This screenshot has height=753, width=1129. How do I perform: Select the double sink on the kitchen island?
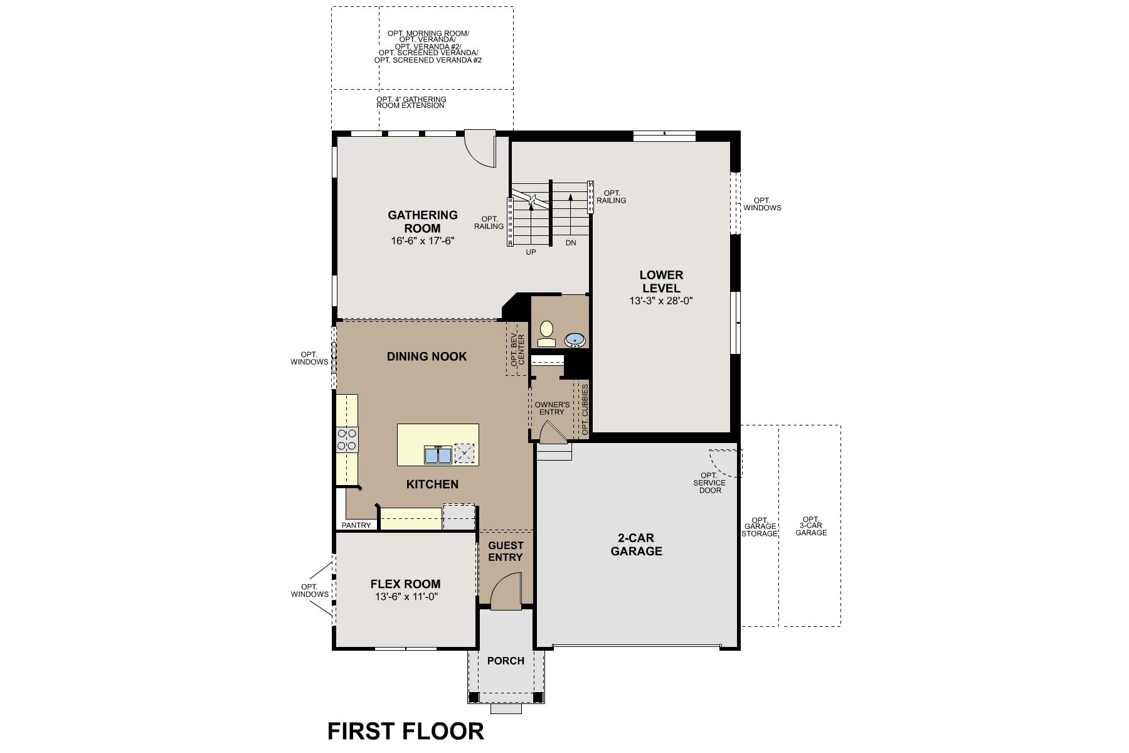click(x=438, y=454)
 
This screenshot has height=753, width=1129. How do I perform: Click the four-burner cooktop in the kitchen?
click(x=347, y=439)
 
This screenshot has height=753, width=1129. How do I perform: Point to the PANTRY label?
click(x=356, y=525)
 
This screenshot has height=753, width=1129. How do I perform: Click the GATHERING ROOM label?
click(x=423, y=222)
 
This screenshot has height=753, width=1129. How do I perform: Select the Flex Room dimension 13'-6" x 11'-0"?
click(x=406, y=597)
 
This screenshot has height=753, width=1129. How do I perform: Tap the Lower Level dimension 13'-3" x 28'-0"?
click(x=661, y=301)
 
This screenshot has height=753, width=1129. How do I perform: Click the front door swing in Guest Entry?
click(x=506, y=593)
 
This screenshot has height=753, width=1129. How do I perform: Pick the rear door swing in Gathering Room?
click(x=480, y=149)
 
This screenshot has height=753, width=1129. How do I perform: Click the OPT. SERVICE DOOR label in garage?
click(x=709, y=483)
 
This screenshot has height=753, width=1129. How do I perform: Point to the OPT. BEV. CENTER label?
click(x=517, y=350)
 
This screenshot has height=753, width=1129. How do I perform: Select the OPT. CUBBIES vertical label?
click(x=585, y=410)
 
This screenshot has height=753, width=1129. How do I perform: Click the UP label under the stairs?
click(x=531, y=252)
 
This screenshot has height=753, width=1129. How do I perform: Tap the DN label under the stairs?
click(x=570, y=242)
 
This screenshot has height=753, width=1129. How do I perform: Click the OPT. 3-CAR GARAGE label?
click(x=811, y=526)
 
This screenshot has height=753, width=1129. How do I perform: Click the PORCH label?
click(x=506, y=661)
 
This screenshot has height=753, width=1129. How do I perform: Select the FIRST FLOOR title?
click(x=406, y=732)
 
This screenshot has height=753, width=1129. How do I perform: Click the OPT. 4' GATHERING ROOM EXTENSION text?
click(x=411, y=102)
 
